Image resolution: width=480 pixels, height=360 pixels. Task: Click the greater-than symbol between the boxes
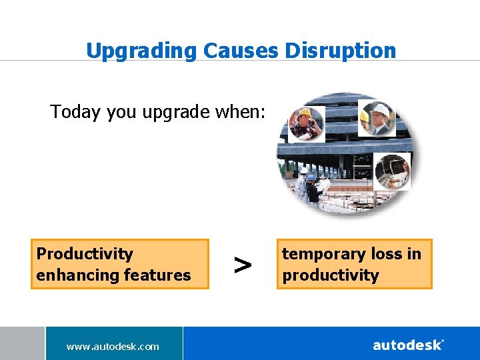pyautogui.click(x=243, y=265)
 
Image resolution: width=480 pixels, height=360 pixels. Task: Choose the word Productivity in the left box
pyautogui.click(x=85, y=254)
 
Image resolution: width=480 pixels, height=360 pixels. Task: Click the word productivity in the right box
pyautogui.click(x=331, y=275)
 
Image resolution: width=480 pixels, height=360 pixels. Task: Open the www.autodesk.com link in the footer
pyautogui.click(x=113, y=346)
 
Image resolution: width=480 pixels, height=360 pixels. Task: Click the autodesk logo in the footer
pyautogui.click(x=408, y=345)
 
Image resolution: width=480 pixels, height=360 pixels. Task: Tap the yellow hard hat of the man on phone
pyautogui.click(x=306, y=113)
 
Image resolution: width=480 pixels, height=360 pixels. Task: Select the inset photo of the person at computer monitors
pyautogui.click(x=392, y=171)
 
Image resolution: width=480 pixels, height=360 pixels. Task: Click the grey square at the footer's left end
pyautogui.click(x=22, y=343)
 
